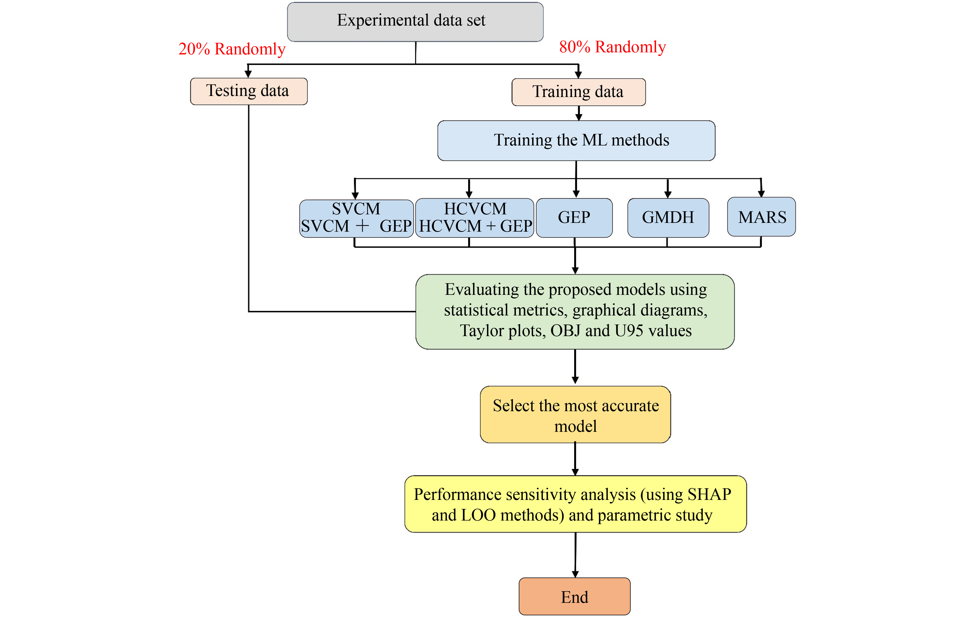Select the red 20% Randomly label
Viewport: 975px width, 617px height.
pyautogui.click(x=232, y=49)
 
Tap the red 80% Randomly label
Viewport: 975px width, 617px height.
pyautogui.click(x=612, y=47)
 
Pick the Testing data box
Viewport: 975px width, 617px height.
pyautogui.click(x=249, y=91)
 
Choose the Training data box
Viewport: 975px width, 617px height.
pyautogui.click(x=578, y=92)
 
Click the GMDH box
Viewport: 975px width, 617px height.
pyautogui.click(x=668, y=218)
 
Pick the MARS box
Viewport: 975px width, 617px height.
pyautogui.click(x=761, y=217)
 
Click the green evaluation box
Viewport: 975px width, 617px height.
pyautogui.click(x=575, y=311)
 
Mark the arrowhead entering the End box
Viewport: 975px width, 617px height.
pyautogui.click(x=575, y=574)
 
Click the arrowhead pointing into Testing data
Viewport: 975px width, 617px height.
pyautogui.click(x=248, y=74)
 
